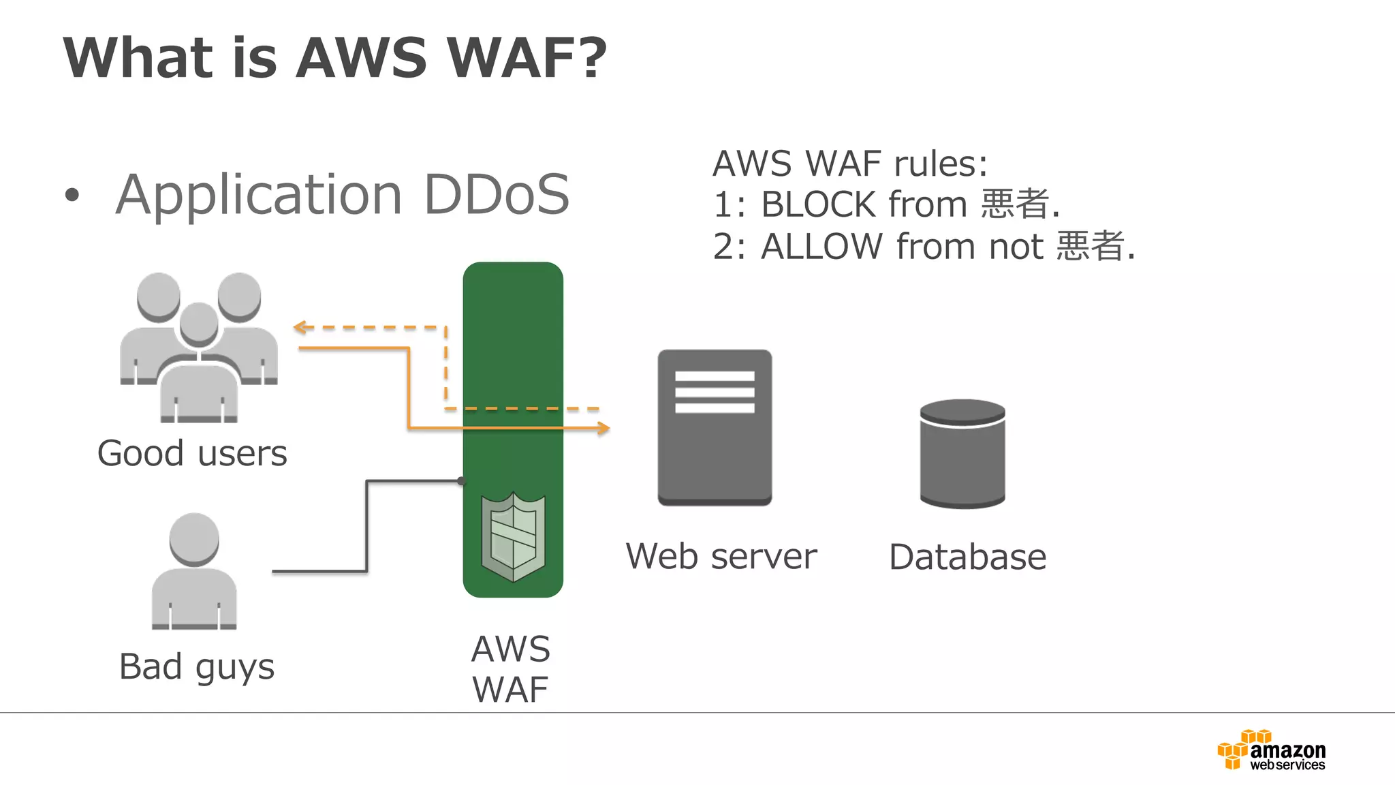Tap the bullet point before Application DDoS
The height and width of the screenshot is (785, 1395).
(x=72, y=196)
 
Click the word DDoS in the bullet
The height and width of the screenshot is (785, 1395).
(x=496, y=195)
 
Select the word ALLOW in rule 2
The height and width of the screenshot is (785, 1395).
(x=821, y=247)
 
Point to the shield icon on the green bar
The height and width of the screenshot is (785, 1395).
(x=513, y=537)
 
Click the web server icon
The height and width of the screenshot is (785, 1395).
(x=715, y=427)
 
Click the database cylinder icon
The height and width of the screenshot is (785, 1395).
(x=962, y=454)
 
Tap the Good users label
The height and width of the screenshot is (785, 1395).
(x=192, y=454)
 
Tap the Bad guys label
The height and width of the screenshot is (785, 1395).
(x=196, y=666)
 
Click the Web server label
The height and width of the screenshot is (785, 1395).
(x=721, y=557)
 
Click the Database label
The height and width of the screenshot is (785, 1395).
(x=967, y=557)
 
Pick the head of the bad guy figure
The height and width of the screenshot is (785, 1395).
(x=194, y=538)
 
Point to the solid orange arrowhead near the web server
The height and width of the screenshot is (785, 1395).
(x=604, y=428)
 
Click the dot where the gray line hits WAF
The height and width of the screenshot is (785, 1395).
(x=462, y=481)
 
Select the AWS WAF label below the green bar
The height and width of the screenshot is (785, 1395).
(x=511, y=669)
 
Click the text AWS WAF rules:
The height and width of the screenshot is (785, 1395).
(x=849, y=164)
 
